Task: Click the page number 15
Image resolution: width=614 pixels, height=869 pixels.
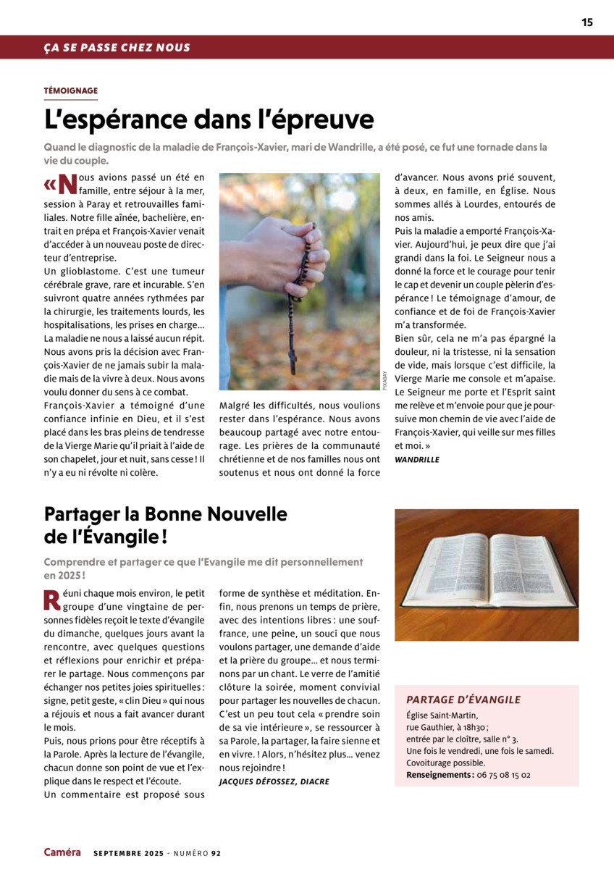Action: [x=586, y=22]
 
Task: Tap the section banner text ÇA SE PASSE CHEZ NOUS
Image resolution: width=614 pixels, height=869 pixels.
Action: [x=117, y=48]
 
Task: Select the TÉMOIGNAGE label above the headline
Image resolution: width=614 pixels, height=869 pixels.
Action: [x=71, y=91]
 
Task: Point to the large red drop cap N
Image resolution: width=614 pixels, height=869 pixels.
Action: [x=67, y=184]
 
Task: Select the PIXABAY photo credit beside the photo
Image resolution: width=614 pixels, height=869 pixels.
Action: [x=385, y=380]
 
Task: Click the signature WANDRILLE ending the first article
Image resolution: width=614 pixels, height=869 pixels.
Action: [x=416, y=459]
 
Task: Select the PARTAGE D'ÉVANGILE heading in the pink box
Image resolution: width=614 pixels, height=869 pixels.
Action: [x=463, y=700]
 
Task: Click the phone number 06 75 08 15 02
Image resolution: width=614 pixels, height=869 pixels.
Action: [x=503, y=774]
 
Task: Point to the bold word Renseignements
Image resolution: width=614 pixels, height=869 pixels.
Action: [x=438, y=774]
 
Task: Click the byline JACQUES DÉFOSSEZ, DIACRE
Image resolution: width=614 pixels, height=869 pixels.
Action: [x=274, y=781]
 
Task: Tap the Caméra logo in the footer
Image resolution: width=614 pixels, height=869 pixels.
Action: [x=62, y=852]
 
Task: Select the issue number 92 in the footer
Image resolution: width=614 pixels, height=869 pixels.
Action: [x=216, y=853]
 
